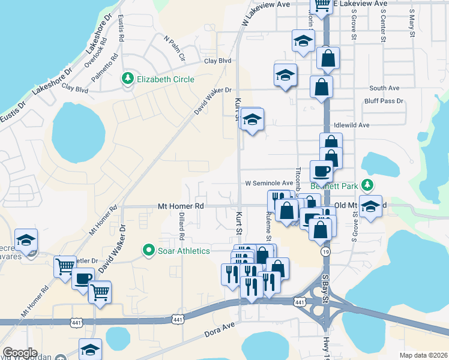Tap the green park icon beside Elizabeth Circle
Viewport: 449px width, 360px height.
pyautogui.click(x=128, y=79)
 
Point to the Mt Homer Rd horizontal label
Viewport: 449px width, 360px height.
pyautogui.click(x=181, y=206)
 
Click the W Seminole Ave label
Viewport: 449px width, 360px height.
pyautogui.click(x=268, y=183)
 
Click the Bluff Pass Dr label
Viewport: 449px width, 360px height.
pyautogui.click(x=384, y=101)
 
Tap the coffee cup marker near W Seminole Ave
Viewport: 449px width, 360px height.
pyautogui.click(x=321, y=171)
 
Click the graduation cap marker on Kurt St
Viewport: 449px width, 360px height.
pyautogui.click(x=253, y=119)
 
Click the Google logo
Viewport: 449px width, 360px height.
pyautogui.click(x=20, y=353)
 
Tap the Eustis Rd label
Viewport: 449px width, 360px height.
pyautogui.click(x=121, y=27)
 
